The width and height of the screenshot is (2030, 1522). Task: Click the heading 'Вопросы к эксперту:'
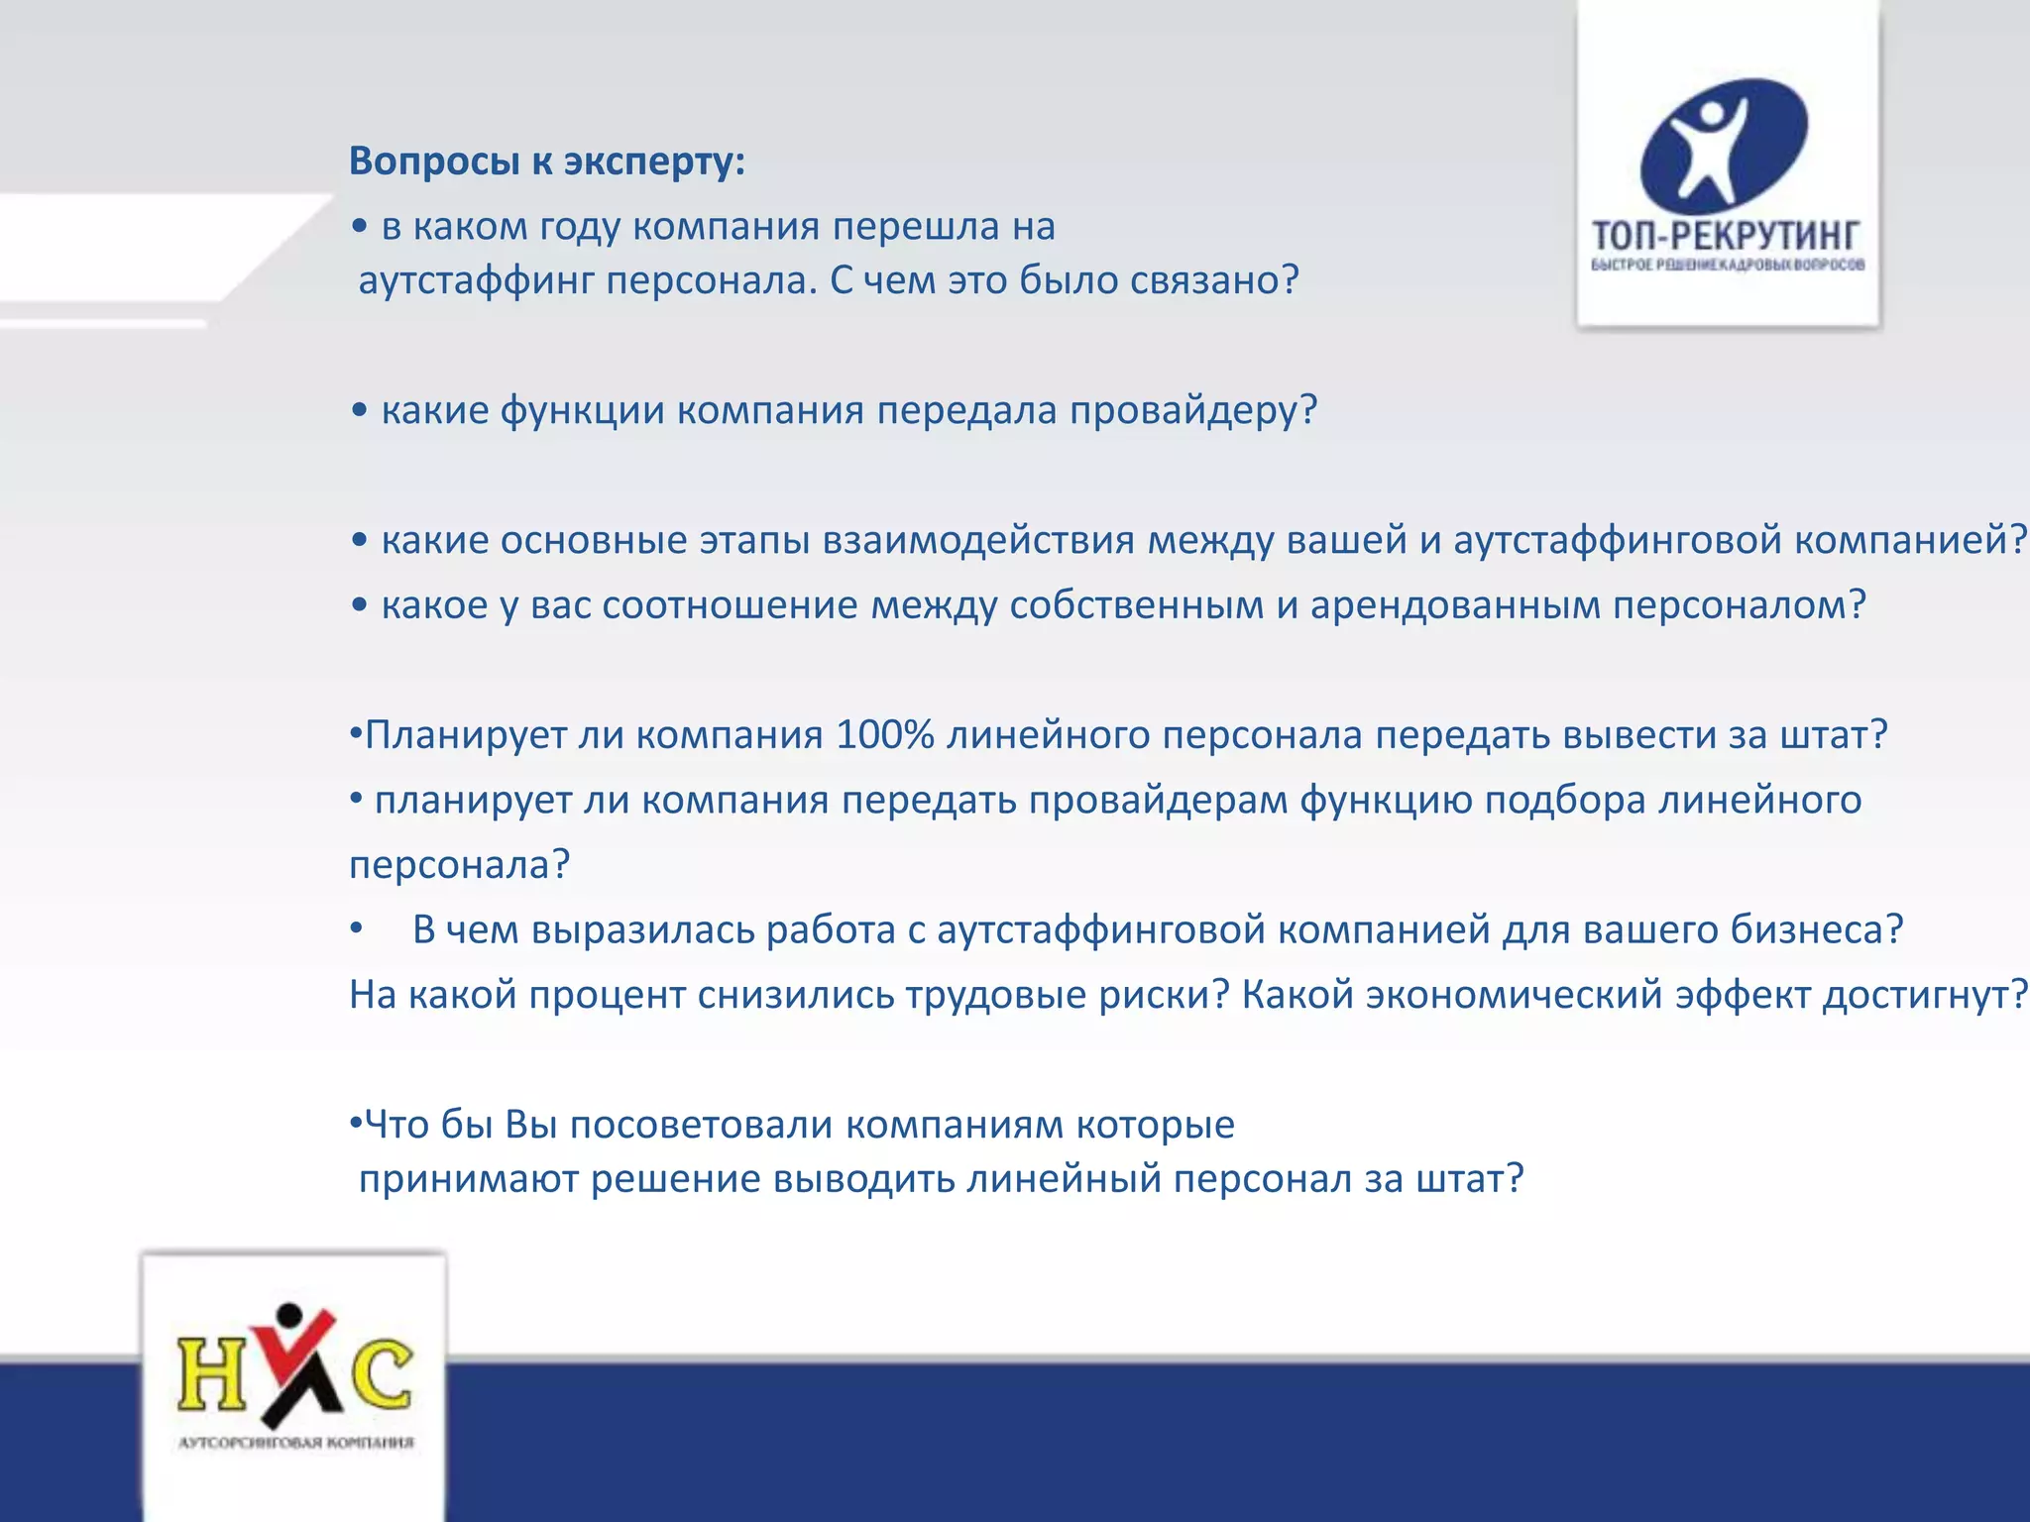546,161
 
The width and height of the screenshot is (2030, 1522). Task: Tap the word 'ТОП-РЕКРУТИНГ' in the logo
1726,236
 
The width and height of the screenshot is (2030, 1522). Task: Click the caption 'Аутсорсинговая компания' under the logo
295,1442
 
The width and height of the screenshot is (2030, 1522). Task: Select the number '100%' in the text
884,735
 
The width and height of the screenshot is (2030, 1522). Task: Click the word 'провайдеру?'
1193,410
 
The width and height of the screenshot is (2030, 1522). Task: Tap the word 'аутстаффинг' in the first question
476,280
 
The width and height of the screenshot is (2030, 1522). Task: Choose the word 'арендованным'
1454,604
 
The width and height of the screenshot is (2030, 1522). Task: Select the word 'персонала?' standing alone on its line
459,865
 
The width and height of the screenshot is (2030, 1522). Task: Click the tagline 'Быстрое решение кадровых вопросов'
1728,265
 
